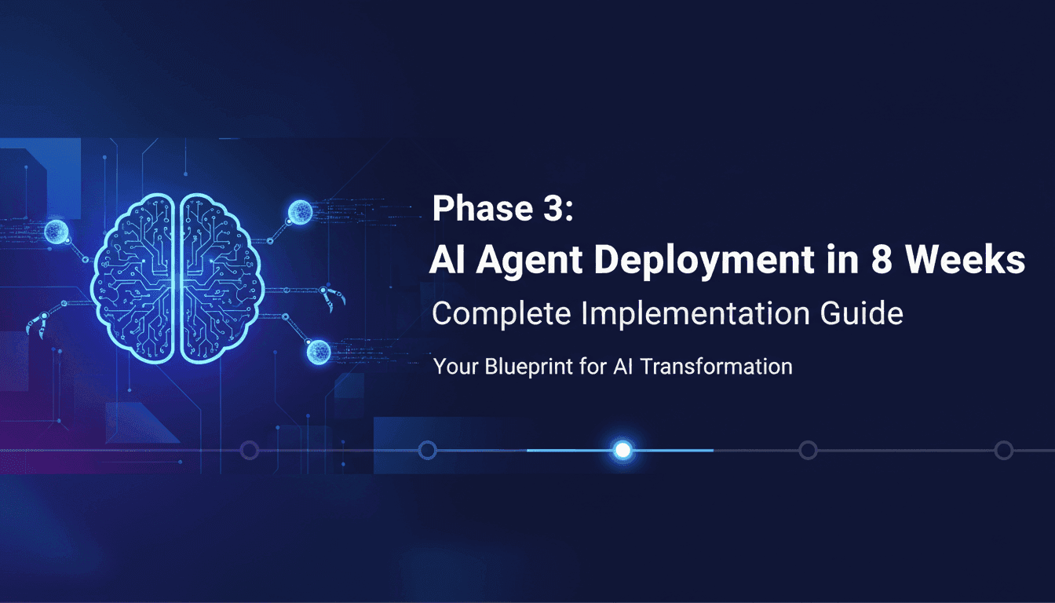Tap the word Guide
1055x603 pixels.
[866, 314]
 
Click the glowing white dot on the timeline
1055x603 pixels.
[622, 450]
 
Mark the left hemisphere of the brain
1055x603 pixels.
[138, 279]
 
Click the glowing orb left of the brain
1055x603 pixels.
[56, 231]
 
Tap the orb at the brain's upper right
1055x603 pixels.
[300, 212]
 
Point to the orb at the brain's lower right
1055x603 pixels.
[318, 350]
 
